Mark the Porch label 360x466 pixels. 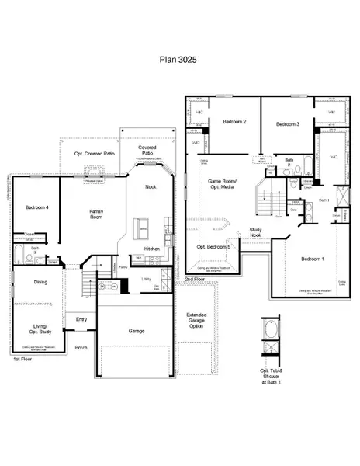click(81, 347)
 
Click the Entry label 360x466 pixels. click(81, 318)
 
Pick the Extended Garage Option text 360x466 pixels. click(196, 321)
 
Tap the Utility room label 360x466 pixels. click(146, 279)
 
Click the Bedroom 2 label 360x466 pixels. click(234, 122)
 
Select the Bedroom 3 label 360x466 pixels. click(287, 124)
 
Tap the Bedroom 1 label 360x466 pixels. click(311, 259)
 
